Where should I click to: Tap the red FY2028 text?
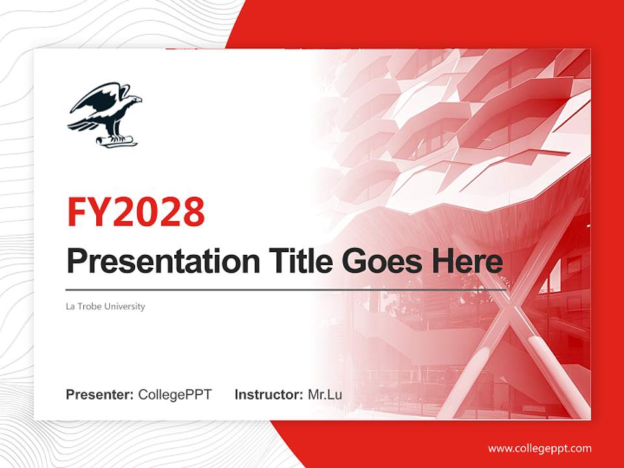(136, 212)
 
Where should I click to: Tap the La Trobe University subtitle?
(105, 306)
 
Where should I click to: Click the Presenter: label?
(100, 395)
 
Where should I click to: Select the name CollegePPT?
(175, 395)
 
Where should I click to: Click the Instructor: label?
(268, 395)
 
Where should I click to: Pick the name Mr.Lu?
(325, 395)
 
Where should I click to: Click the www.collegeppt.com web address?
(539, 448)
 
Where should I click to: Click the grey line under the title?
(286, 289)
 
